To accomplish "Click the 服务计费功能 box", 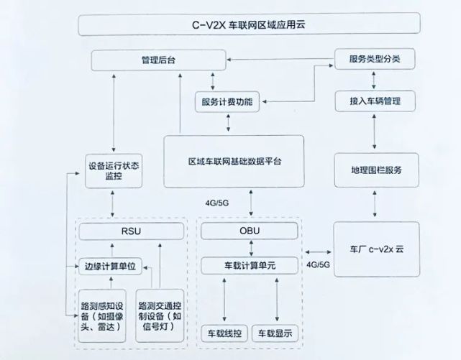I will (x=227, y=101).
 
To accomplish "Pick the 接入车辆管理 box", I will (x=375, y=101).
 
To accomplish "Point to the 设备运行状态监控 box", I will (x=113, y=170).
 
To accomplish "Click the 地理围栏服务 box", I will (x=375, y=170).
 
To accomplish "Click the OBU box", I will (x=249, y=232).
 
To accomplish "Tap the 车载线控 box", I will (x=224, y=334).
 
